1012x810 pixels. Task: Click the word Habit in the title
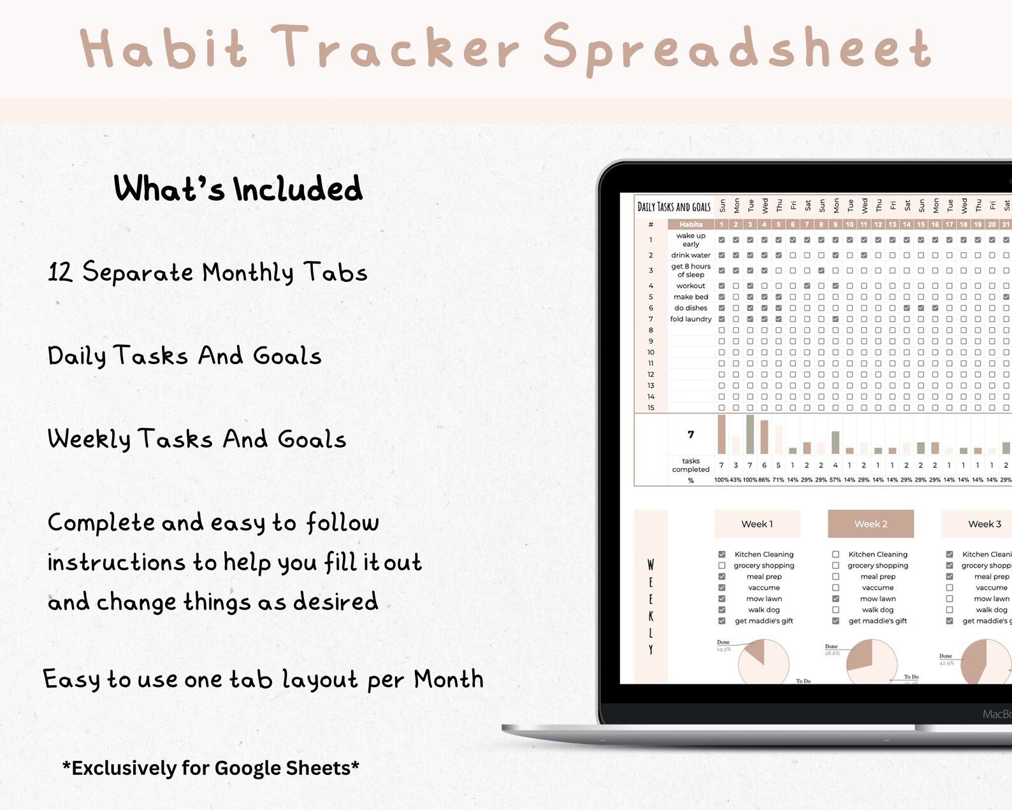coord(163,48)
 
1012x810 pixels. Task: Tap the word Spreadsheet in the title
coord(738,48)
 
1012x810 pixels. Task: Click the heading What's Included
coord(238,189)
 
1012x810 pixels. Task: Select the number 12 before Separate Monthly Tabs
coord(61,272)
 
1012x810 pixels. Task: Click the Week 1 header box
coord(757,524)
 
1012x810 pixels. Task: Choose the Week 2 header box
coord(871,524)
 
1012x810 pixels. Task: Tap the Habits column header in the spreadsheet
coord(691,225)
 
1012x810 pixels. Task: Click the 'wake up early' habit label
coord(691,240)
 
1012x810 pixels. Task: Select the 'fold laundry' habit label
coord(691,319)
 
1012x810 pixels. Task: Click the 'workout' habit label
coord(691,286)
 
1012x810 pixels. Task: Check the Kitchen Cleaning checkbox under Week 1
coord(722,554)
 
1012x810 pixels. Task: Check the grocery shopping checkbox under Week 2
coord(835,566)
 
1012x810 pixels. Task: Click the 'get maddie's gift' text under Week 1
coord(764,621)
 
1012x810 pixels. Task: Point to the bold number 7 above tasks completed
coord(691,434)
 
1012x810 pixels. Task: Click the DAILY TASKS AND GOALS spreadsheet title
coord(674,207)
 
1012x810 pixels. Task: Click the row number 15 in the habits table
coord(651,408)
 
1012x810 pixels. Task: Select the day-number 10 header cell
coord(849,225)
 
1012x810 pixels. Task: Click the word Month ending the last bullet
coord(449,679)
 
